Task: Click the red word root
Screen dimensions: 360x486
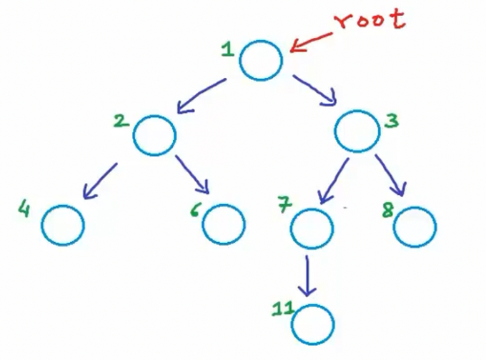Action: [x=370, y=19]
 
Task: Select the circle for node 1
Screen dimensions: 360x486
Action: [x=260, y=60]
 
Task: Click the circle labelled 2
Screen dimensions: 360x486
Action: [x=154, y=134]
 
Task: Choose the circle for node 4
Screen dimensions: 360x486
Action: [x=63, y=225]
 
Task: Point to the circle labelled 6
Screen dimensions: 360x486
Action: [x=224, y=224]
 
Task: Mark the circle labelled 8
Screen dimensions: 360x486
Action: [x=414, y=227]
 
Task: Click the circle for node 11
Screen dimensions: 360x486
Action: [x=312, y=324]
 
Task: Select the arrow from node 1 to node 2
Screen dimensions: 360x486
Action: [x=202, y=96]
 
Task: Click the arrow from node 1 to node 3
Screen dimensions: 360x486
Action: [x=314, y=89]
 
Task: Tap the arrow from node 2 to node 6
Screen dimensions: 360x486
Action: [x=192, y=174]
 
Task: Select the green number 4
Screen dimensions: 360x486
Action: [x=24, y=211]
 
